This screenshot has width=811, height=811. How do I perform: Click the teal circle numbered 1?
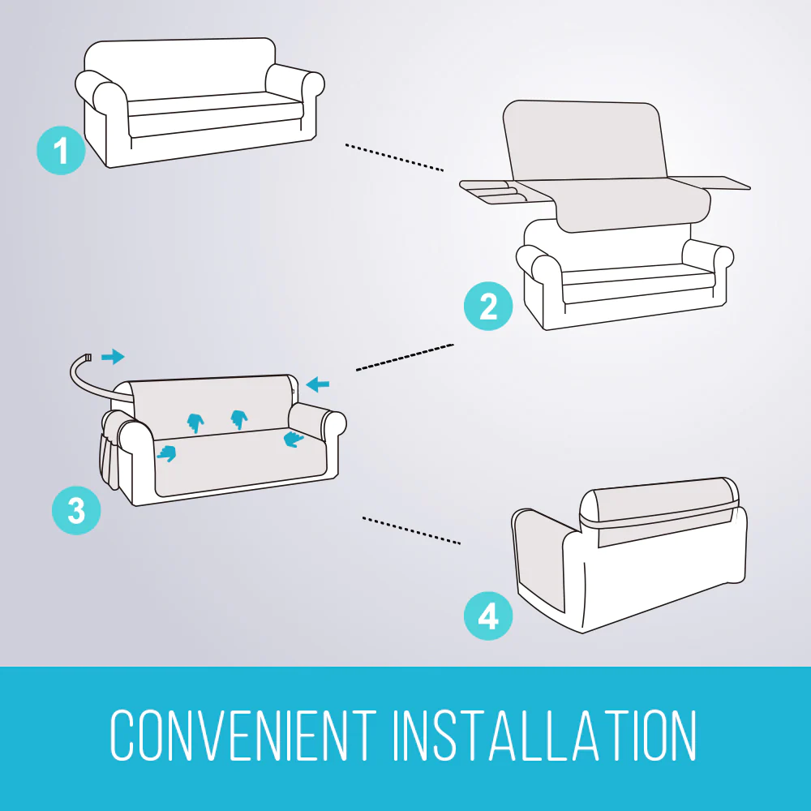tap(61, 150)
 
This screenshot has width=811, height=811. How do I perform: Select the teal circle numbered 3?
tap(75, 510)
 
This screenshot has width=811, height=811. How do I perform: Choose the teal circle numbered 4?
tap(487, 617)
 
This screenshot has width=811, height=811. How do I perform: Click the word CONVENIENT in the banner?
tap(242, 736)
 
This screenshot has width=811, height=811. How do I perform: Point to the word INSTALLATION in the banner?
tap(544, 736)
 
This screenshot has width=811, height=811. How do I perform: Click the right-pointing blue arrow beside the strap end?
tap(114, 356)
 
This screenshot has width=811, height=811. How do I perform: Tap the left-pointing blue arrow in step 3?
tap(318, 384)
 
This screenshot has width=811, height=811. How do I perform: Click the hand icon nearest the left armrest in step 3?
tap(166, 454)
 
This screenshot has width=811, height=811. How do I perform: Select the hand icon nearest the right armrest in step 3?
tap(293, 439)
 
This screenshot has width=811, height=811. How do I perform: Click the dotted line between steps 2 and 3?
tap(403, 357)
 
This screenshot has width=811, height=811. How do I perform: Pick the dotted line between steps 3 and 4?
tap(411, 530)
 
